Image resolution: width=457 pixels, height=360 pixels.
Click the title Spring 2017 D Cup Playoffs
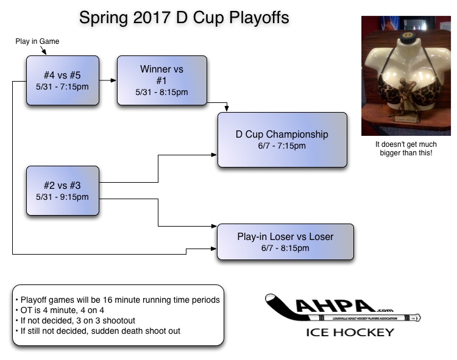[x=184, y=18]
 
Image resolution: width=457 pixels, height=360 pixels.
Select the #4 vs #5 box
[x=62, y=80]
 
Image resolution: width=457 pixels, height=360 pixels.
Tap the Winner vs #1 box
[x=161, y=80]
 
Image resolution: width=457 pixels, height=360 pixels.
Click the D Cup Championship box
[x=282, y=139]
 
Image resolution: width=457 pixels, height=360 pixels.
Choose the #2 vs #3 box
[x=62, y=191]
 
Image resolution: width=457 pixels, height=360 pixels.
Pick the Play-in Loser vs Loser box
[x=285, y=242]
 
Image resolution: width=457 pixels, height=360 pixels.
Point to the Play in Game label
[x=37, y=41]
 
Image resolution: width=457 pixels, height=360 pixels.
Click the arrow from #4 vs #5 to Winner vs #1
[x=107, y=80]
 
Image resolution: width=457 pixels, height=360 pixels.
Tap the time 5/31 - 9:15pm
[x=62, y=197]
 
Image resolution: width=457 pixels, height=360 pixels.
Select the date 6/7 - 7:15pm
[x=282, y=146]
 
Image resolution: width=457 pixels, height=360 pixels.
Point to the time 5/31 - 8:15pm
[x=161, y=92]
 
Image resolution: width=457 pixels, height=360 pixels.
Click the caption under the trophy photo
[x=403, y=149]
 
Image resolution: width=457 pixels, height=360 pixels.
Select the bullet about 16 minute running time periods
[x=117, y=300]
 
